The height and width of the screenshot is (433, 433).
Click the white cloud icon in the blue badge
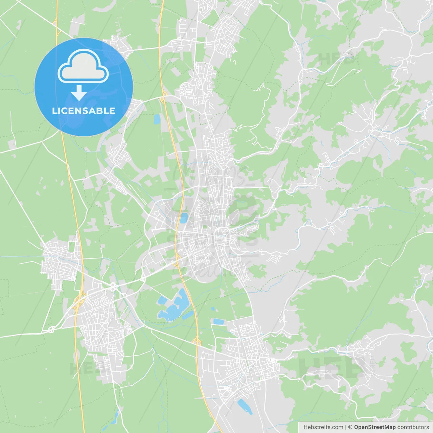[x=83, y=66]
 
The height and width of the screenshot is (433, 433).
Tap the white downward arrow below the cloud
[x=79, y=93]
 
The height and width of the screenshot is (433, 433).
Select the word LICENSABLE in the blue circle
[x=84, y=111]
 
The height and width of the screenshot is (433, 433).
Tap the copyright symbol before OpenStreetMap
[x=350, y=427]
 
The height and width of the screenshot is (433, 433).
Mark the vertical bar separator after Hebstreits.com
[x=346, y=427]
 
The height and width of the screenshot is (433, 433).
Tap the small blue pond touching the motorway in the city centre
[x=183, y=218]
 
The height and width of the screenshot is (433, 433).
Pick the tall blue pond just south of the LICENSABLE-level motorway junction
[x=157, y=119]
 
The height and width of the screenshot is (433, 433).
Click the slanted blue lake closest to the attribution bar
[x=245, y=406]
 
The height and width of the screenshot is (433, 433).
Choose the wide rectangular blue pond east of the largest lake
[x=219, y=321]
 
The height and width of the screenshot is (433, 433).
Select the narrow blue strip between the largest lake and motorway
[x=188, y=316]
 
